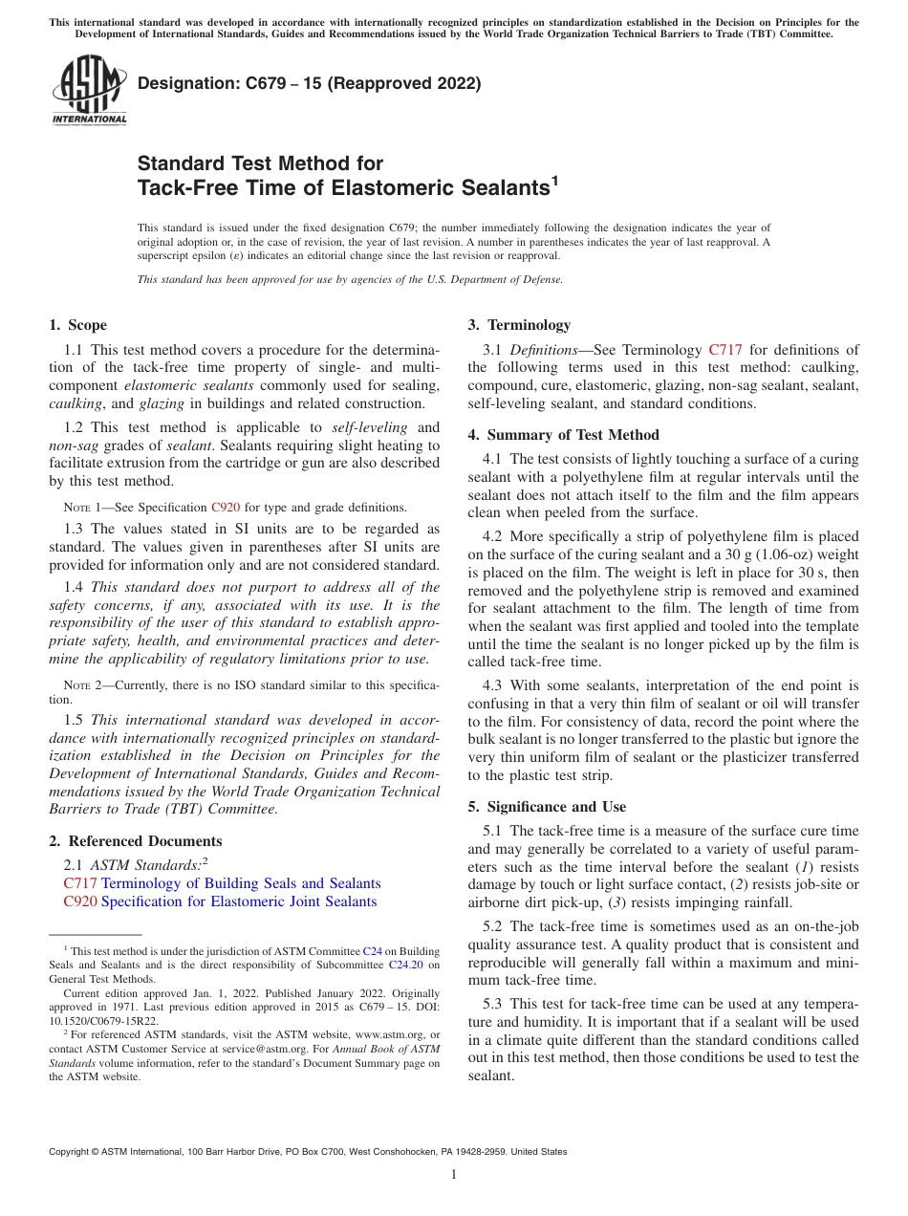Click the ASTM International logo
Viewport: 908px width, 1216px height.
click(89, 91)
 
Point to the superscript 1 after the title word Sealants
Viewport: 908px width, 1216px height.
click(554, 181)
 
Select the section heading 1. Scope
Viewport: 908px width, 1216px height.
click(77, 325)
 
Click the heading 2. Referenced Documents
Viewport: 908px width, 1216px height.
click(135, 841)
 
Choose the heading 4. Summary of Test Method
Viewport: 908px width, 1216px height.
click(563, 435)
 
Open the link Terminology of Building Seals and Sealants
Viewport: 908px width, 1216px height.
click(241, 883)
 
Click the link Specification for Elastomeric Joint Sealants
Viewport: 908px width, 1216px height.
click(239, 901)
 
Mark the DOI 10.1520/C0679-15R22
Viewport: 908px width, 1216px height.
click(103, 1021)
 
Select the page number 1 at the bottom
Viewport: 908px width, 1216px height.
click(454, 1175)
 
